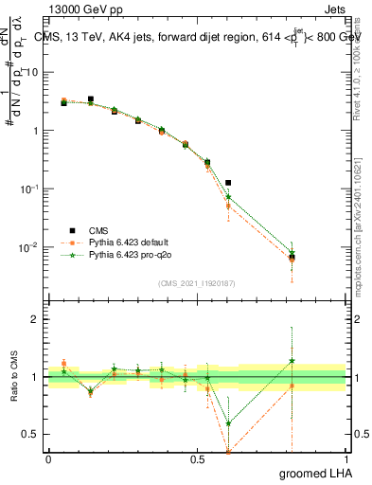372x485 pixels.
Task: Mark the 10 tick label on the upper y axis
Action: tap(35, 72)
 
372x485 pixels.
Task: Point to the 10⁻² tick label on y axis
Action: tap(31, 248)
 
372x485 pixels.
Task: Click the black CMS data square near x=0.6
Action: tap(228, 182)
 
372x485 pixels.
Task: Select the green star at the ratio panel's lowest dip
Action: tap(228, 423)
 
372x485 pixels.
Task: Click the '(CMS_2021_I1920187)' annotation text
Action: tap(197, 281)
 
